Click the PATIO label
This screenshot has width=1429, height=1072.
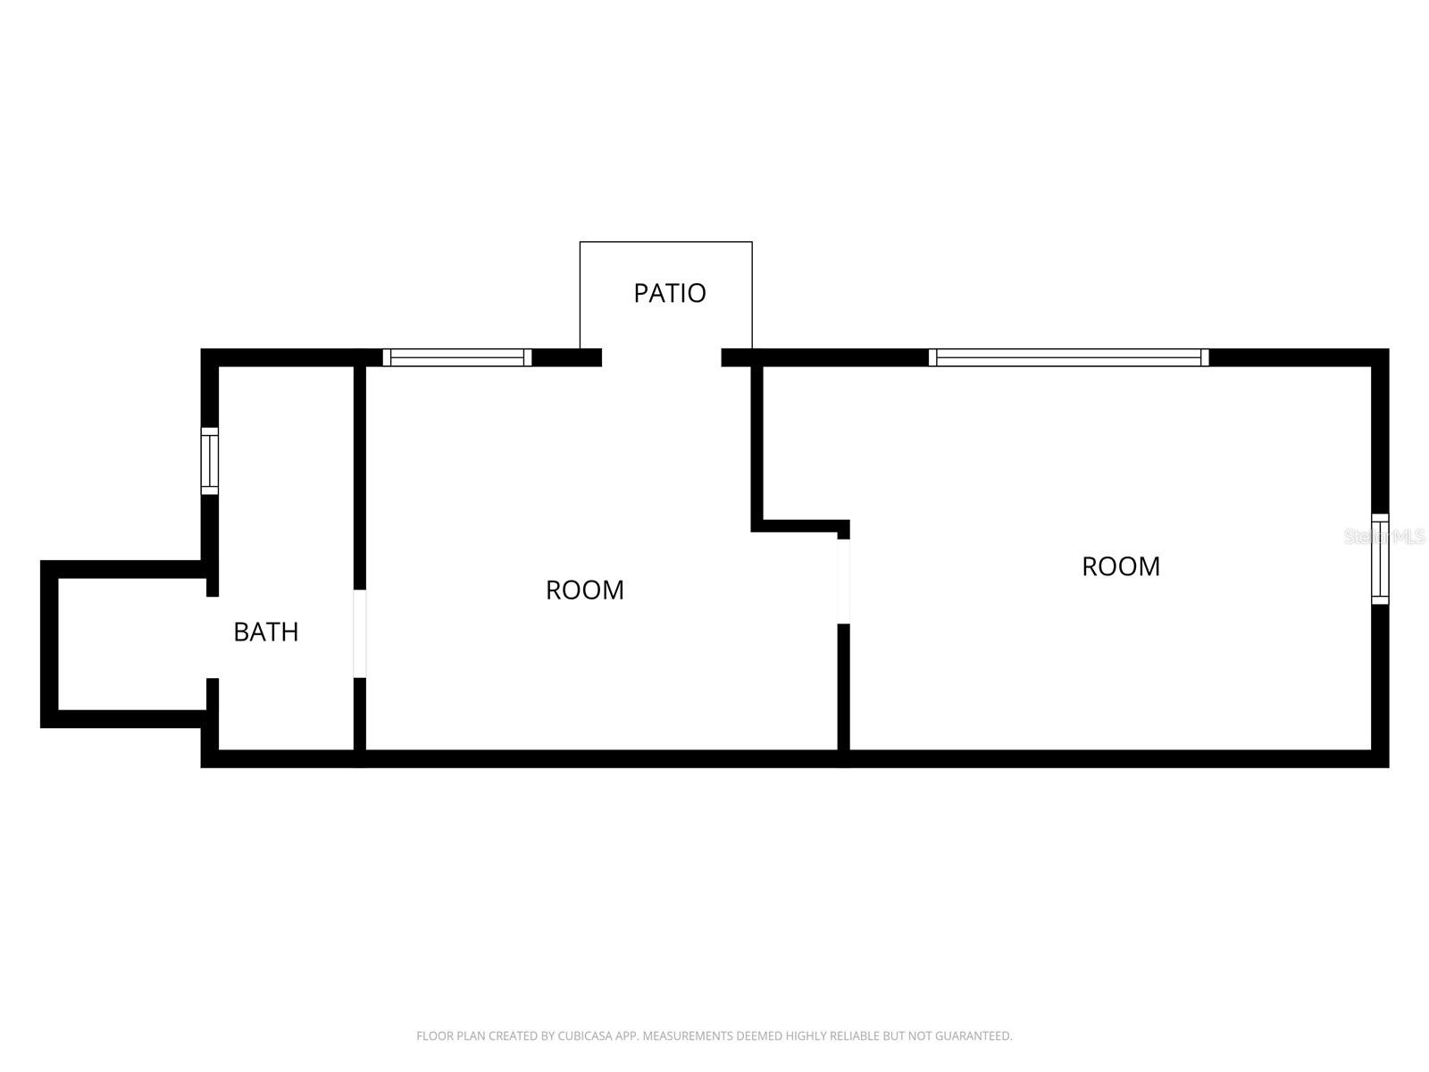tap(670, 293)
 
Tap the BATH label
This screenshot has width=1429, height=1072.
tap(265, 632)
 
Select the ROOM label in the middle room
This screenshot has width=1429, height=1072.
tap(585, 590)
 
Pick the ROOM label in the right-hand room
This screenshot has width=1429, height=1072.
tap(1121, 566)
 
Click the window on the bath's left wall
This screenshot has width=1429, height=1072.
tap(209, 461)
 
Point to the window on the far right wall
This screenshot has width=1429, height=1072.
tap(1380, 559)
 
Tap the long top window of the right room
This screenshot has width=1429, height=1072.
tap(1068, 357)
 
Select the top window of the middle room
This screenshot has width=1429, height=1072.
tap(457, 357)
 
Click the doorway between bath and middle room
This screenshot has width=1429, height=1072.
tap(360, 633)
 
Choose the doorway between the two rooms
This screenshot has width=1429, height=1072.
tap(844, 582)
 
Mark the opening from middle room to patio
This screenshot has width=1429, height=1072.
tap(662, 357)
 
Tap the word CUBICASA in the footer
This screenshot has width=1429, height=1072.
tap(583, 1036)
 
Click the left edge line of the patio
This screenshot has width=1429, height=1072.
tap(581, 295)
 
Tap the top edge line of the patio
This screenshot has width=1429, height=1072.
tap(665, 242)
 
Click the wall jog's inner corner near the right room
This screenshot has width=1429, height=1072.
tap(757, 525)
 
